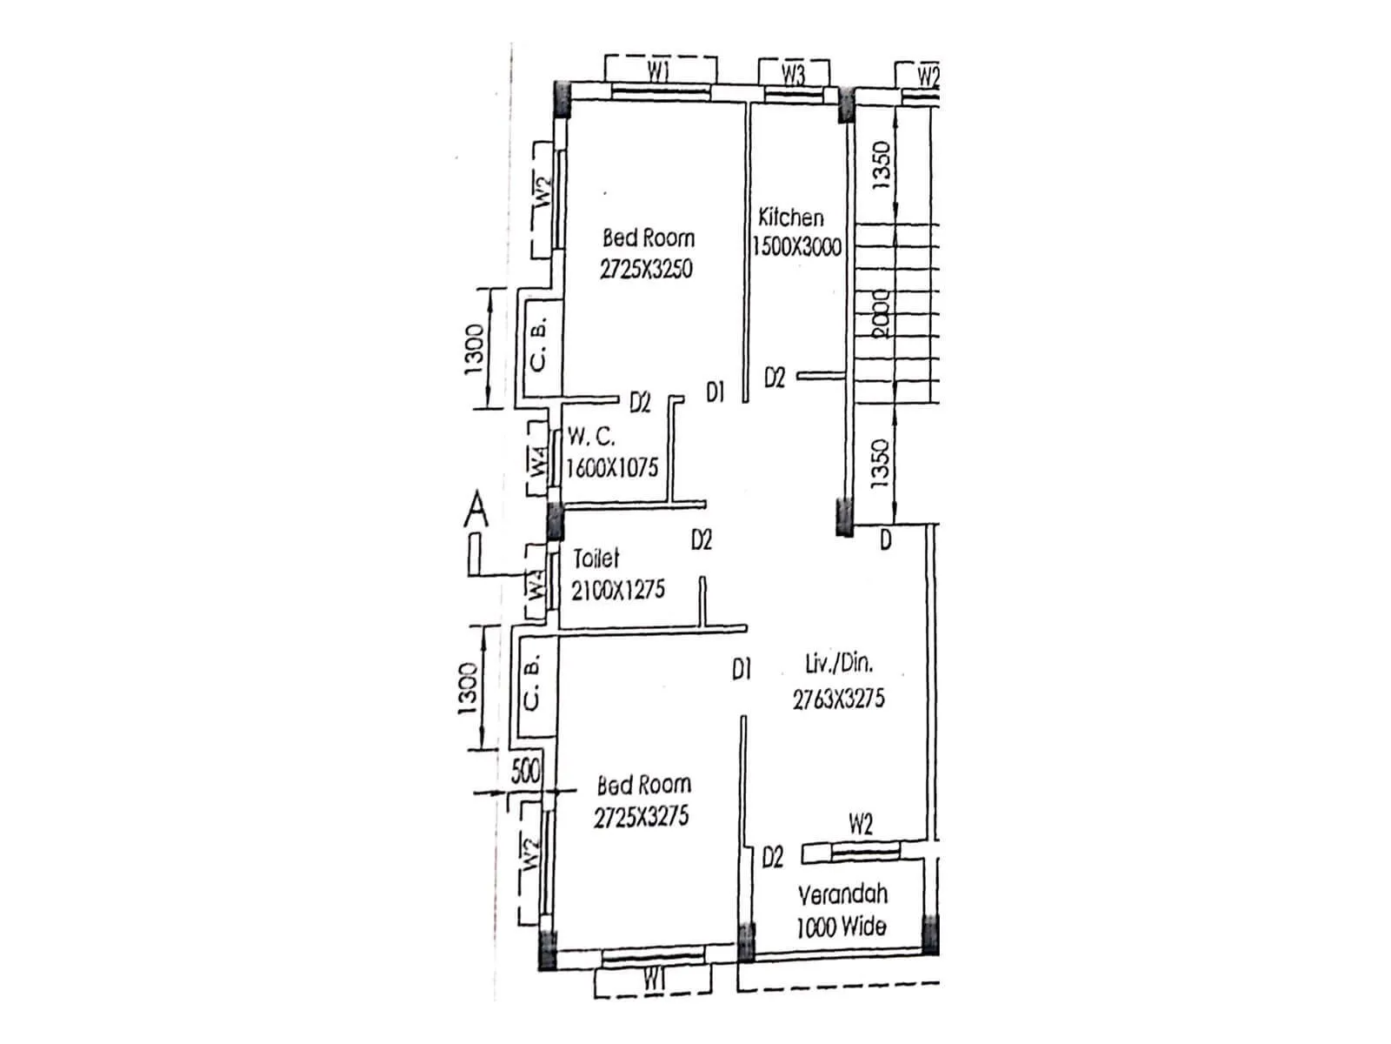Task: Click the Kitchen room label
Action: pos(790,217)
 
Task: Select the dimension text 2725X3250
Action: pos(646,269)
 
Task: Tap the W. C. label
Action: pos(591,437)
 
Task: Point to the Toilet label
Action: pos(596,558)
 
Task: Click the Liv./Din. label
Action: pos(839,664)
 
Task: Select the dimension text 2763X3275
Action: pos(838,699)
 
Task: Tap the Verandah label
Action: pos(842,894)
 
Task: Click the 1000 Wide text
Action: pos(841,927)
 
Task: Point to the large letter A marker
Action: pos(476,510)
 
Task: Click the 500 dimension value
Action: pos(525,771)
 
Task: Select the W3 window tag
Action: pos(793,74)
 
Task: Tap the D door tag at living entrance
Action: pos(885,541)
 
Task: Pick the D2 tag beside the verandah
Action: pos(772,858)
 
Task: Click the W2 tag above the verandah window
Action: pos(860,823)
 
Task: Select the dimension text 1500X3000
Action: pos(797,247)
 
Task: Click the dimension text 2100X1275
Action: pos(617,590)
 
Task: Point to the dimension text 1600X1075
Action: pos(612,468)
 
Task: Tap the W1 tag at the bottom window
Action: pos(654,980)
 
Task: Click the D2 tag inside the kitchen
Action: pos(775,378)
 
